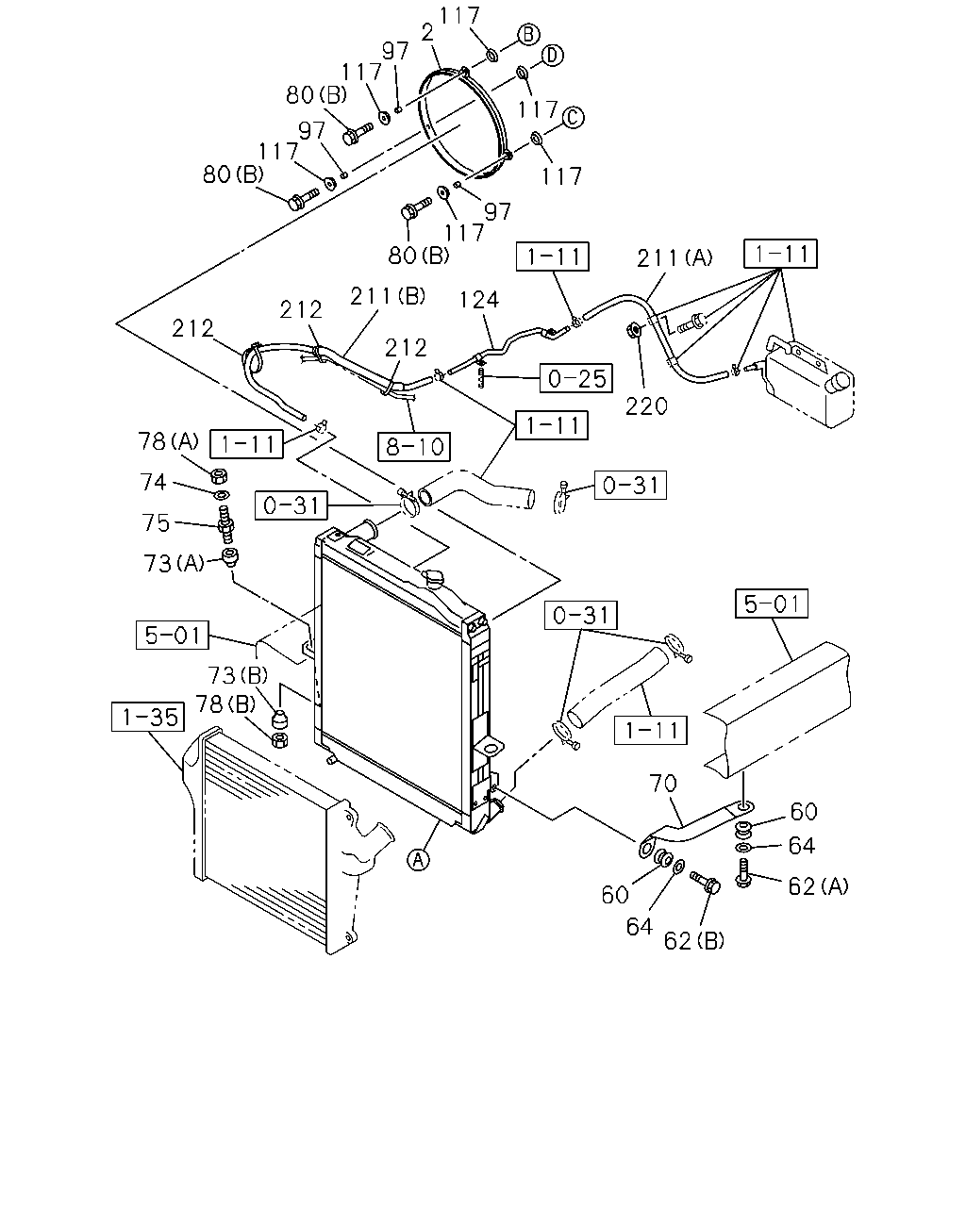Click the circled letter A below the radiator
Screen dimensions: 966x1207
418,859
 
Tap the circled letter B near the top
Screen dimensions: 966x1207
528,35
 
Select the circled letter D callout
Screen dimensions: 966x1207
552,56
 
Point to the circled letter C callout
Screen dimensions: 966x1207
573,118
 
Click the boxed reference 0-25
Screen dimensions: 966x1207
575,378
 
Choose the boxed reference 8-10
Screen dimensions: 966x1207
414,446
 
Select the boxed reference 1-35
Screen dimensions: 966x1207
148,717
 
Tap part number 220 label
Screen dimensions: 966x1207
646,406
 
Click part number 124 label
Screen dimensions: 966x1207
479,300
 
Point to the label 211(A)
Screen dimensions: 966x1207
675,258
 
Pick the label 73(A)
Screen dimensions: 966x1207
174,563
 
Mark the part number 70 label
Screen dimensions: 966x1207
663,783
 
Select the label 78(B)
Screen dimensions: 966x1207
225,703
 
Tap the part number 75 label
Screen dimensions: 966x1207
156,522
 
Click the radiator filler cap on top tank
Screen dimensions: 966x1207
436,578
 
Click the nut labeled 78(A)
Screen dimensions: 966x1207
219,476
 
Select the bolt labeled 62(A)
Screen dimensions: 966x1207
744,873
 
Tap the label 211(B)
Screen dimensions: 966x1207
388,295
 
